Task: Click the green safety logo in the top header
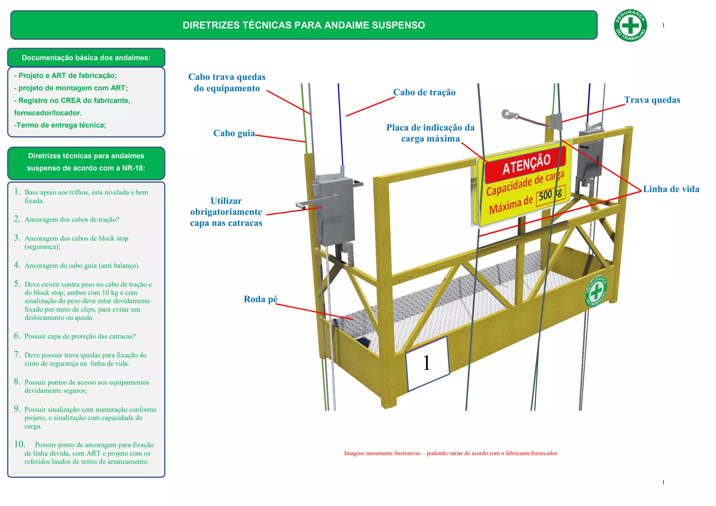[x=630, y=25]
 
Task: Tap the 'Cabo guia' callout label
[x=234, y=133]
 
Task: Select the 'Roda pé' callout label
[x=260, y=299]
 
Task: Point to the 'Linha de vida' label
[x=671, y=189]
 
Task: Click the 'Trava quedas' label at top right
[x=652, y=100]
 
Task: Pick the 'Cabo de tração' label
[x=424, y=92]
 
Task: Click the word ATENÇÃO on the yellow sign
[x=526, y=164]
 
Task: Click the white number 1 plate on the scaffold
[x=427, y=363]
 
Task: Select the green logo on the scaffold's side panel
[x=596, y=291]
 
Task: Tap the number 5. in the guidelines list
[x=17, y=284]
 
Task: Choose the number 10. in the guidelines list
[x=20, y=444]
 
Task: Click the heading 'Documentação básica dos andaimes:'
[x=86, y=58]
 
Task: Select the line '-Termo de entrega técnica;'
[x=60, y=125]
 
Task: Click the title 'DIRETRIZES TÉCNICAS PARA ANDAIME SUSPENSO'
[x=303, y=25]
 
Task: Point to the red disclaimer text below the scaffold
[x=450, y=453]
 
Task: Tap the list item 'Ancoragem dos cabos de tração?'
[x=72, y=219]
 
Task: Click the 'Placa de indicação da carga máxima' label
[x=430, y=133]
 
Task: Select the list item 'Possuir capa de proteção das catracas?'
[x=80, y=336]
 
